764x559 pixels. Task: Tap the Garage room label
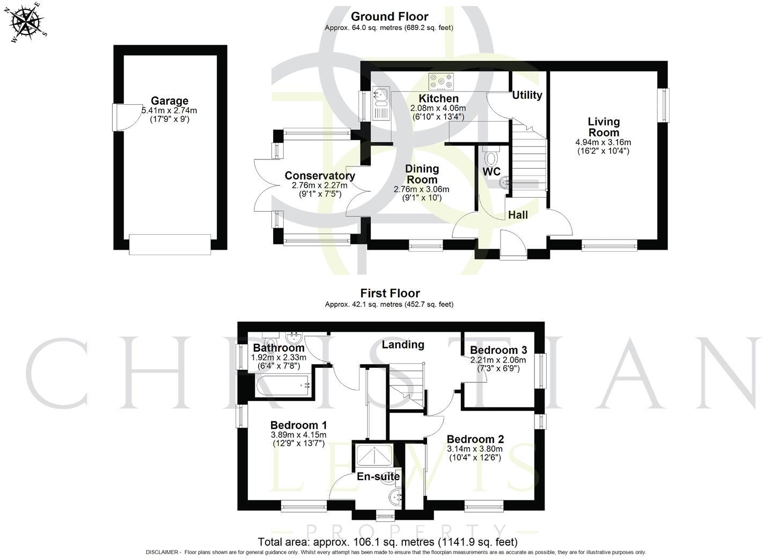click(x=170, y=101)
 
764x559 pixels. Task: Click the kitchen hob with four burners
click(x=440, y=82)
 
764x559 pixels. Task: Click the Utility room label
click(x=527, y=95)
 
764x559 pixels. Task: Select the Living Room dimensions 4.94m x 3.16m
click(x=603, y=142)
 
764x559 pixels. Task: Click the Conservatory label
click(x=320, y=176)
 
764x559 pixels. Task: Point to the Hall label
click(x=518, y=215)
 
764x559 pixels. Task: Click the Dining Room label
click(x=422, y=174)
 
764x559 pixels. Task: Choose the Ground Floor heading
click(x=389, y=17)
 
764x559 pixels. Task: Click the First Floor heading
click(x=390, y=293)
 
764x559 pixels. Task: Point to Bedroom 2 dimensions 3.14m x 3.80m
click(x=475, y=449)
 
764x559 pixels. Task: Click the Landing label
click(x=403, y=345)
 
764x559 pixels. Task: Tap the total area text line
click(x=387, y=542)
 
